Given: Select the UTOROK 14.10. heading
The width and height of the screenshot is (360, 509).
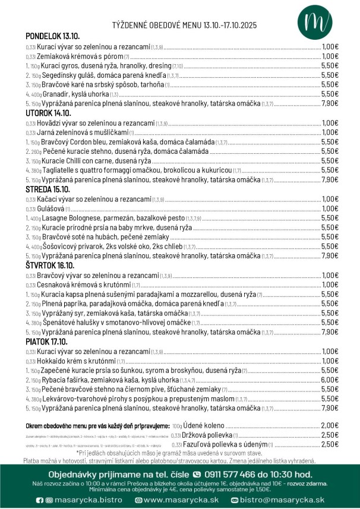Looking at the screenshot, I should (48, 113).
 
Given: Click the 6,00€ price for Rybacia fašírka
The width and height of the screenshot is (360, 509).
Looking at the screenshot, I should (330, 380).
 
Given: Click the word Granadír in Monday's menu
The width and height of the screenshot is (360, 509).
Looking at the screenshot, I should (56, 94).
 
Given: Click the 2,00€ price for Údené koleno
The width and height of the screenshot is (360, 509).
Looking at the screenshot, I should (330, 426).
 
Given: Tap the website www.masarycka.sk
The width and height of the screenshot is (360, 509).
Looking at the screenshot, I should (181, 500).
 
